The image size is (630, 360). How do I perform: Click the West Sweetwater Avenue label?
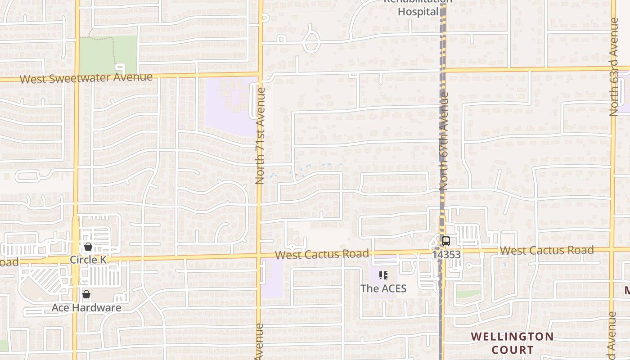(86, 78)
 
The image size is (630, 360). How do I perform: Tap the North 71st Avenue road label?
(260, 136)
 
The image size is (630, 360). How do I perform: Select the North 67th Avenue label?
(444, 141)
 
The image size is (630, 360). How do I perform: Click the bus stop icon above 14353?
(445, 241)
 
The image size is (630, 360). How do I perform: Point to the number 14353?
(446, 255)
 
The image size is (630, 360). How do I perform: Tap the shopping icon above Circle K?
(88, 247)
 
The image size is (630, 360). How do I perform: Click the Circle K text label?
(88, 260)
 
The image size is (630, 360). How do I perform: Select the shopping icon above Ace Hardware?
(86, 294)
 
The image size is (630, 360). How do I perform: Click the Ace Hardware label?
(86, 308)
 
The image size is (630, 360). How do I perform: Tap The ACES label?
(383, 288)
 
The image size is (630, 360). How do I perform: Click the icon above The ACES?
(383, 275)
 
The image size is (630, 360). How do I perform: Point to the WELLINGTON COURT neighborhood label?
(512, 343)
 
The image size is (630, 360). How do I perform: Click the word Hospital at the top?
(418, 12)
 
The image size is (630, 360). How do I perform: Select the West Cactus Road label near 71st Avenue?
(322, 254)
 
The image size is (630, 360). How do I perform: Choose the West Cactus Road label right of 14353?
(546, 250)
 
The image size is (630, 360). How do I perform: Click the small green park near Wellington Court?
(468, 294)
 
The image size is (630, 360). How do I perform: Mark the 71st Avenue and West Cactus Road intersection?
(259, 256)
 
